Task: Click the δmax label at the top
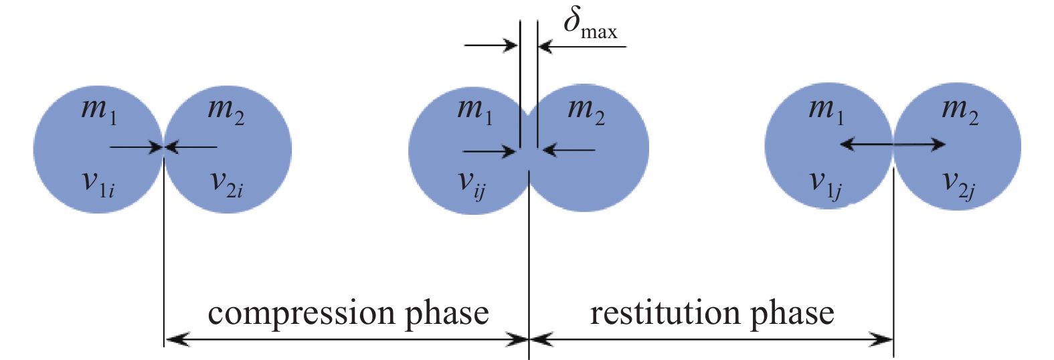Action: pos(589,24)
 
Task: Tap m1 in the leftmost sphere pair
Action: pos(98,109)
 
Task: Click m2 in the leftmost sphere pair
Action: pos(226,109)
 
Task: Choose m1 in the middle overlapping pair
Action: pos(474,109)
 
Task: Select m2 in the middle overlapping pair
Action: pos(586,109)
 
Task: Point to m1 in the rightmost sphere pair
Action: pos(826,109)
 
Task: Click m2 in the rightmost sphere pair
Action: pos(960,109)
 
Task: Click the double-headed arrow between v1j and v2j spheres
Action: pos(893,143)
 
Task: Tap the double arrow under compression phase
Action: pos(347,339)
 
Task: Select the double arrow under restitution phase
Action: pos(711,339)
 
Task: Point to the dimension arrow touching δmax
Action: pos(582,46)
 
